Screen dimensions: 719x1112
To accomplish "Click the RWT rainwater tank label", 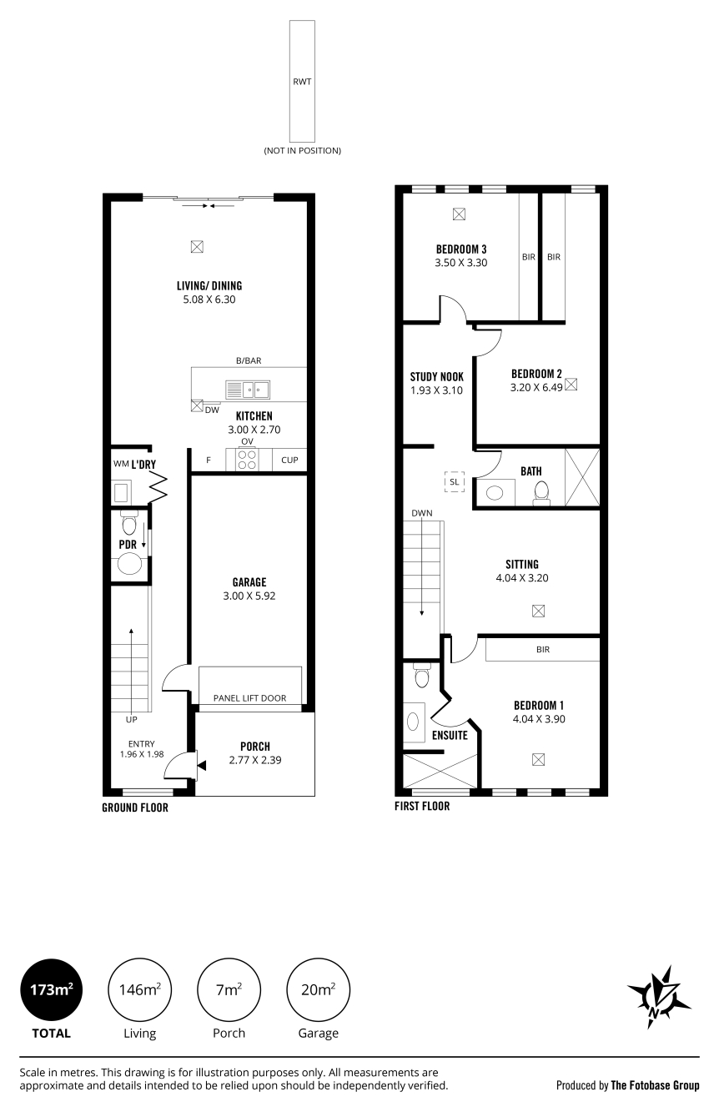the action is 302,82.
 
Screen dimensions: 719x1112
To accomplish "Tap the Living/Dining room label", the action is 209,285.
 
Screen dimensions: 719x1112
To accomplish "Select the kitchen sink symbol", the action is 248,390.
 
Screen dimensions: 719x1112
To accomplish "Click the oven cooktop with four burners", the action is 247,460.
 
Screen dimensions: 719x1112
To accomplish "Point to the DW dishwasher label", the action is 212,410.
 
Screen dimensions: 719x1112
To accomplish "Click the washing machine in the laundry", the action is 121,493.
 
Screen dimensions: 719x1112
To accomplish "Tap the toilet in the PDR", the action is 129,522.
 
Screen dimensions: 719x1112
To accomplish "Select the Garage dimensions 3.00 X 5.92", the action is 249,596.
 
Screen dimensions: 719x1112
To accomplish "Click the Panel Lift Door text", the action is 249,698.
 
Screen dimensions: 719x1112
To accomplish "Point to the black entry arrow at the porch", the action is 202,766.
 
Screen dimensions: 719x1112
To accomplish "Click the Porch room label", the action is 255,747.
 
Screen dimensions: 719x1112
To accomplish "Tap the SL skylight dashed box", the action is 454,481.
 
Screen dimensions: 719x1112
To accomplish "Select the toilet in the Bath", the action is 541,492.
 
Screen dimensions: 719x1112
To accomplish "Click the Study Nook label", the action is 437,377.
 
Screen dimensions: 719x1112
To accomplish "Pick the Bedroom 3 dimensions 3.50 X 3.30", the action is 461,263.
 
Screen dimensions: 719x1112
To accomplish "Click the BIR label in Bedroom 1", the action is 543,649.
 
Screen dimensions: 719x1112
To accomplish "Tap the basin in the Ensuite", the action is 413,722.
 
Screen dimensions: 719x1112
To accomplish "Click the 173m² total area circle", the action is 51,989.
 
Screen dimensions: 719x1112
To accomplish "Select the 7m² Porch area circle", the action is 229,989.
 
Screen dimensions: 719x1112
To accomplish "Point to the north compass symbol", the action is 658,997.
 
